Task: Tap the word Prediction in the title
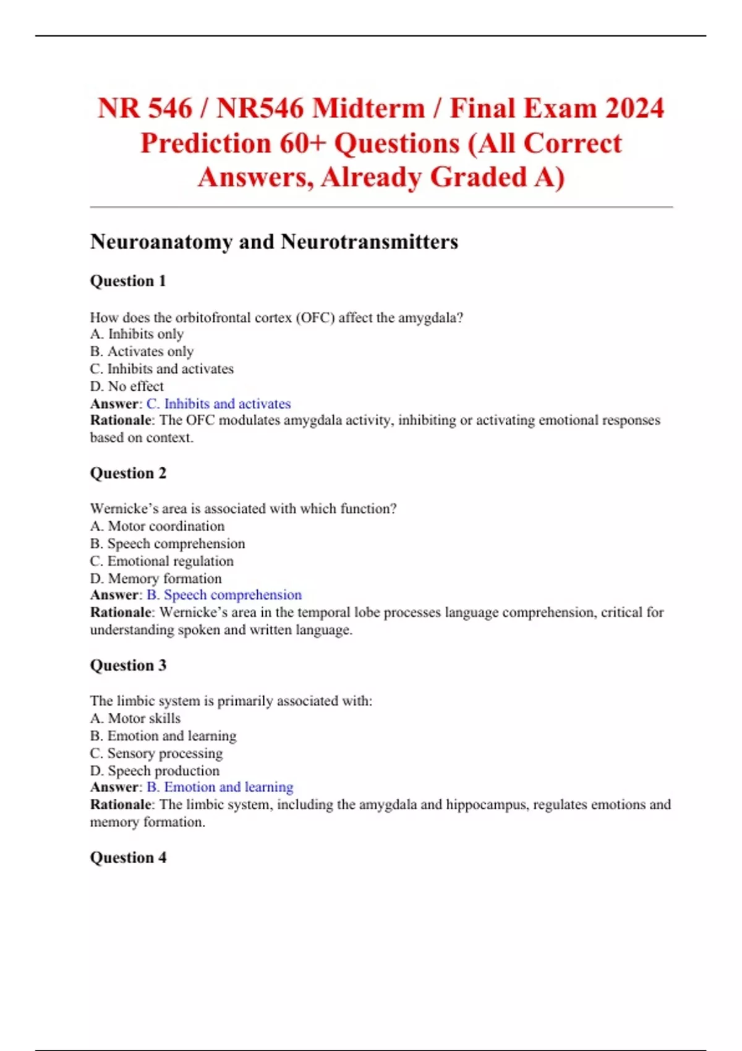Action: pyautogui.click(x=205, y=143)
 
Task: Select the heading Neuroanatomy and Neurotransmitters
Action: pyautogui.click(x=274, y=242)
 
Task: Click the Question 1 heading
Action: pyautogui.click(x=128, y=281)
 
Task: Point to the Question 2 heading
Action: pyautogui.click(x=128, y=474)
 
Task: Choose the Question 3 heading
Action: pyautogui.click(x=128, y=666)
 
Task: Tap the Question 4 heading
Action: pyautogui.click(x=128, y=858)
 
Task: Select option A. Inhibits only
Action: pyautogui.click(x=137, y=334)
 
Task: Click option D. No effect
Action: pyautogui.click(x=127, y=386)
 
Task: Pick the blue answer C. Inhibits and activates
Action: pyautogui.click(x=218, y=404)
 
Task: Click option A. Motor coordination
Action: pyautogui.click(x=157, y=526)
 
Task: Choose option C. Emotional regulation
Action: pyautogui.click(x=161, y=561)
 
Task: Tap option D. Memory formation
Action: pyautogui.click(x=156, y=579)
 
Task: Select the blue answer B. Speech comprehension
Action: pyautogui.click(x=224, y=595)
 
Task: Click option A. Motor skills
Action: pyautogui.click(x=135, y=718)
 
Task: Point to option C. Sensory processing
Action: pyautogui.click(x=156, y=754)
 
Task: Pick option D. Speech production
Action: pyautogui.click(x=155, y=771)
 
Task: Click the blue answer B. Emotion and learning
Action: pyautogui.click(x=220, y=787)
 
